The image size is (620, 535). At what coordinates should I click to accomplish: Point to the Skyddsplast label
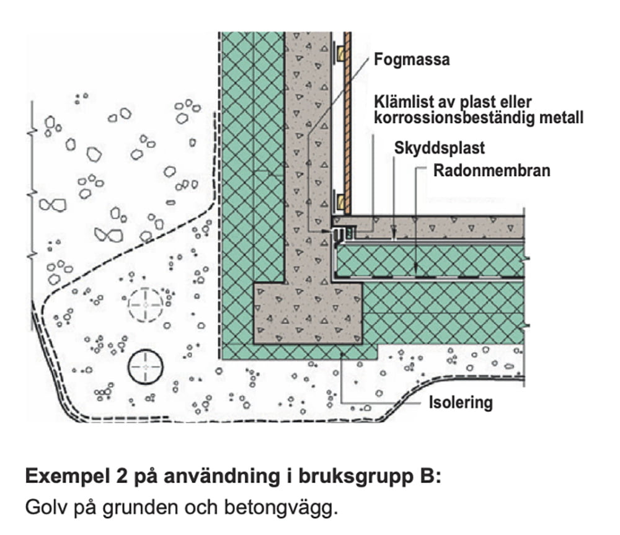click(x=440, y=149)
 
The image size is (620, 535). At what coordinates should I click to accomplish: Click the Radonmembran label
click(x=492, y=170)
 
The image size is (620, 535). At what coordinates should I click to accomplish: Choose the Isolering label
click(x=461, y=402)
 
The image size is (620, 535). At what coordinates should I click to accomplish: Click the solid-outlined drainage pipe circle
click(x=145, y=368)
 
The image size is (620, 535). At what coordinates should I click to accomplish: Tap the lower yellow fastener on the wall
click(x=340, y=200)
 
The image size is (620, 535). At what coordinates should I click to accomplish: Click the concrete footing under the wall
click(x=308, y=313)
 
